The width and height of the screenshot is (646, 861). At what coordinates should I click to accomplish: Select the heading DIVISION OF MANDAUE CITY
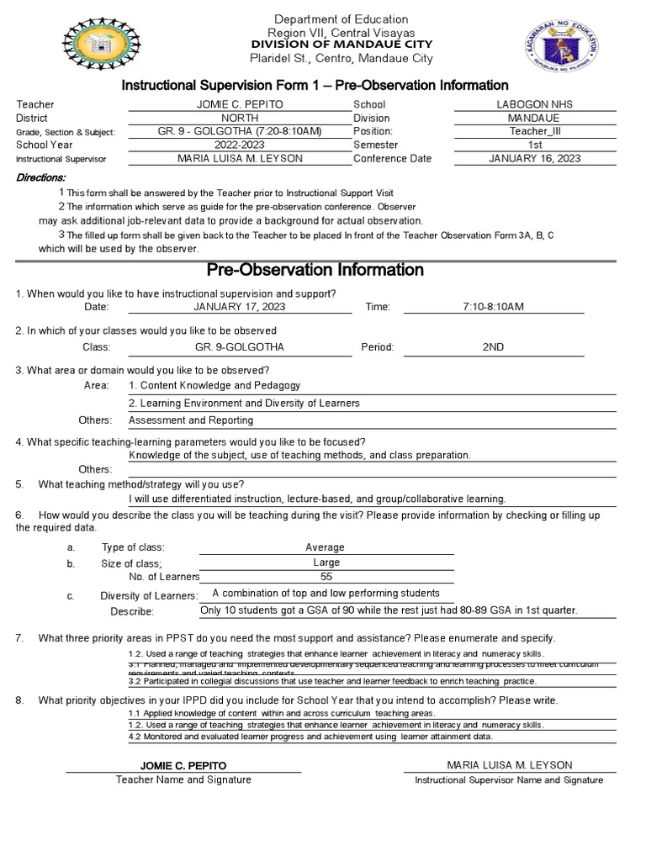coord(342,44)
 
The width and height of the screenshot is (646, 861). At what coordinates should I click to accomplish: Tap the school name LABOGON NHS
coord(535,104)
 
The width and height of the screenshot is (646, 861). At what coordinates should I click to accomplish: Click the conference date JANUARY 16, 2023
coord(535,158)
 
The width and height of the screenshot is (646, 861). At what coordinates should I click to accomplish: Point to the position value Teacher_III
coord(535,131)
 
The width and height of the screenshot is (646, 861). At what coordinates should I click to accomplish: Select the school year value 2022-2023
coord(240,145)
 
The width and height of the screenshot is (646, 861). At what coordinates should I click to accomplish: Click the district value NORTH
coord(240,118)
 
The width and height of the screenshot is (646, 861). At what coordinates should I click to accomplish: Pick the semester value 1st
coord(535,145)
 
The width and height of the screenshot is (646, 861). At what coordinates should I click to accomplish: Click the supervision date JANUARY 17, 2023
coord(240,307)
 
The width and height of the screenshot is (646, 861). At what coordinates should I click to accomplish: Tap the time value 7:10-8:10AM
coord(493,307)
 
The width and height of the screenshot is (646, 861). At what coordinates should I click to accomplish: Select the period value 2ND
coord(493,346)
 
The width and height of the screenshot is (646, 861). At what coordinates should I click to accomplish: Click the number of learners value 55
coord(326,577)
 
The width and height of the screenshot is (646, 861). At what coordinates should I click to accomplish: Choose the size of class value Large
coord(326,563)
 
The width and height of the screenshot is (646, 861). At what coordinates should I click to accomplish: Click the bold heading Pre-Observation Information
coord(315,270)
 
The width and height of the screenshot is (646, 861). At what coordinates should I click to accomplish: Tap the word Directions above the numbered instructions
coord(41,178)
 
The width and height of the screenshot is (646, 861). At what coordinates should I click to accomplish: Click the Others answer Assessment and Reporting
coord(191,420)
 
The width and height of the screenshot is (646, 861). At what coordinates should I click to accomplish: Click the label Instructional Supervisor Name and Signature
coord(509,780)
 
